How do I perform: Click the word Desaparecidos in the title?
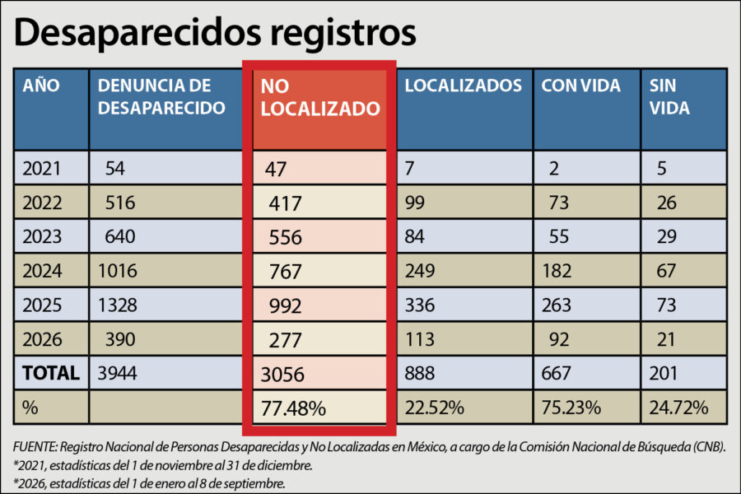(137, 33)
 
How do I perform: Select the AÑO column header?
(41, 86)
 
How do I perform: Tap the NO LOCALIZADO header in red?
(320, 97)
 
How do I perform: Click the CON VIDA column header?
(580, 86)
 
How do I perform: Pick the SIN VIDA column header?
(669, 97)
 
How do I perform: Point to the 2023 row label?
(42, 236)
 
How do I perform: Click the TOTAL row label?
(50, 374)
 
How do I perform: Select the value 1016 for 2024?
(117, 271)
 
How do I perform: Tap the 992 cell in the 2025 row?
(285, 305)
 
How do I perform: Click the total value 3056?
(282, 375)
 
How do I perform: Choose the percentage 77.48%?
(293, 408)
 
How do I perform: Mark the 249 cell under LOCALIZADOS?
(420, 271)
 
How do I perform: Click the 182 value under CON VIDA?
(557, 271)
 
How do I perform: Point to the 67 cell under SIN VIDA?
(666, 271)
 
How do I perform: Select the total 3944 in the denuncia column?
(117, 374)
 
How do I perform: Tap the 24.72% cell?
(678, 408)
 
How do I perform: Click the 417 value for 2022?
(285, 203)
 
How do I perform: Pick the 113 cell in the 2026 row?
(420, 339)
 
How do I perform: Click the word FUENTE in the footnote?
(35, 447)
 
